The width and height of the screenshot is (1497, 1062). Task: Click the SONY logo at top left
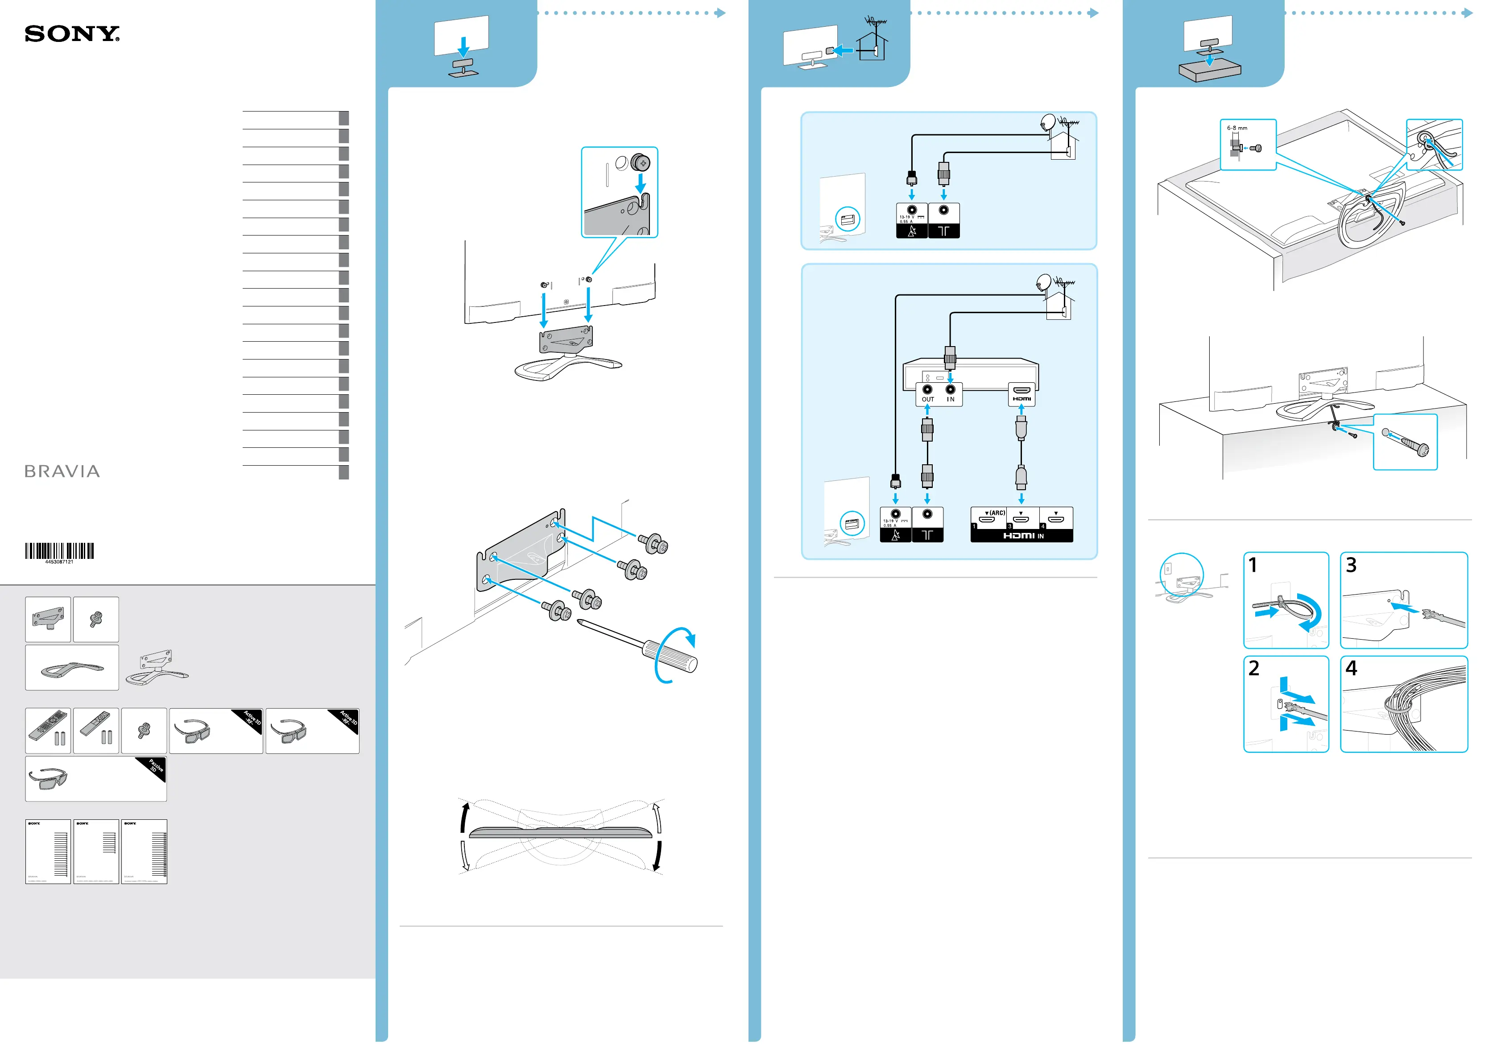72,34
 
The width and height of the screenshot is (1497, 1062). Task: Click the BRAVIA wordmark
62,471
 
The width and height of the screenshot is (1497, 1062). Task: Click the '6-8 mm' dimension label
1236,128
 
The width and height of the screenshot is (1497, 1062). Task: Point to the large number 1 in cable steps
1253,565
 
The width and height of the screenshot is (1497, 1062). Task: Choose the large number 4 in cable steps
1351,668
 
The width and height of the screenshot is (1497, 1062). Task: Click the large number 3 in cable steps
1351,565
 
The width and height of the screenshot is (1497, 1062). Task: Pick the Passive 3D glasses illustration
48,778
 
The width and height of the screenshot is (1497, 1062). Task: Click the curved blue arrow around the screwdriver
677,654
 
